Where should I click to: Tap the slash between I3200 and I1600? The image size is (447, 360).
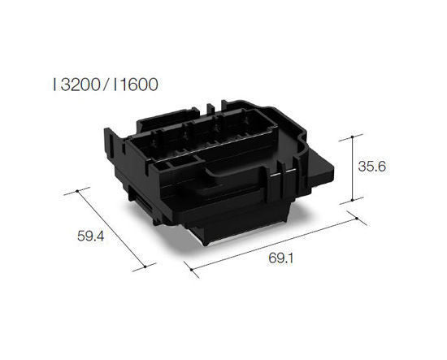(104, 84)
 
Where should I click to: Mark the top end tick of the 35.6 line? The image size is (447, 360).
(352, 135)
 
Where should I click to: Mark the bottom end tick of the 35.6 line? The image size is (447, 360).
(352, 201)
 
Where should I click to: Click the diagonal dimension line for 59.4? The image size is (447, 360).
(111, 228)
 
